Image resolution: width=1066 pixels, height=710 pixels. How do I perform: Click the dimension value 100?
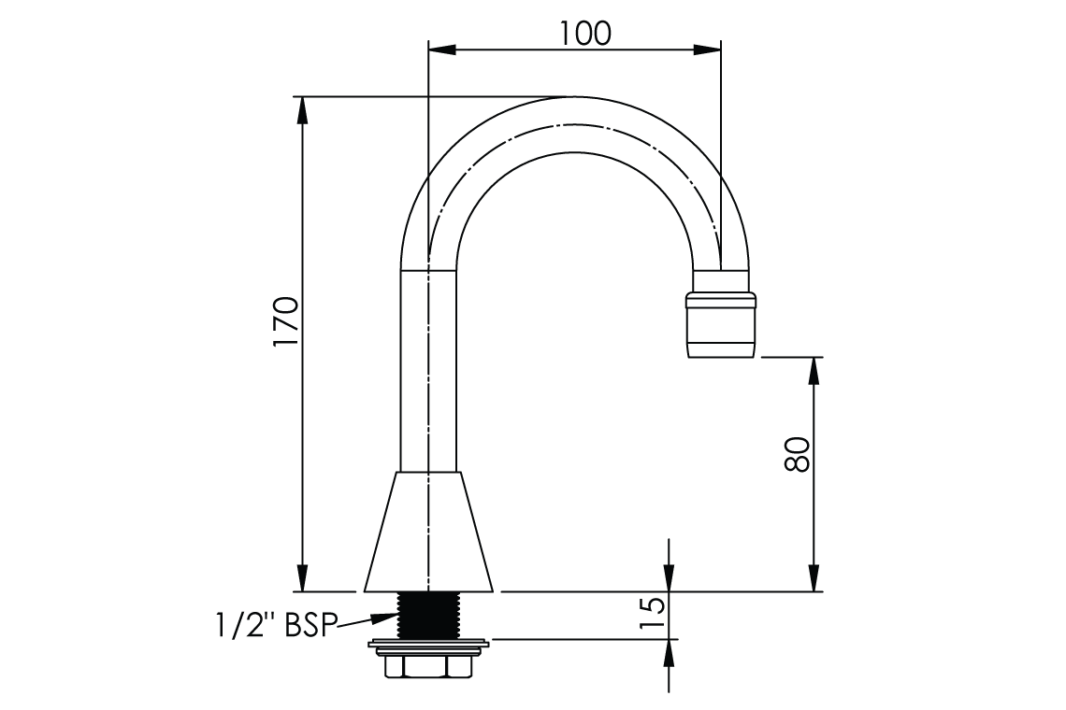tap(585, 33)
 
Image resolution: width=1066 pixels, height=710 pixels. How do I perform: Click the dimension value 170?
tap(284, 322)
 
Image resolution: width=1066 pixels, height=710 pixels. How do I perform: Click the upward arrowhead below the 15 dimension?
tap(670, 651)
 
